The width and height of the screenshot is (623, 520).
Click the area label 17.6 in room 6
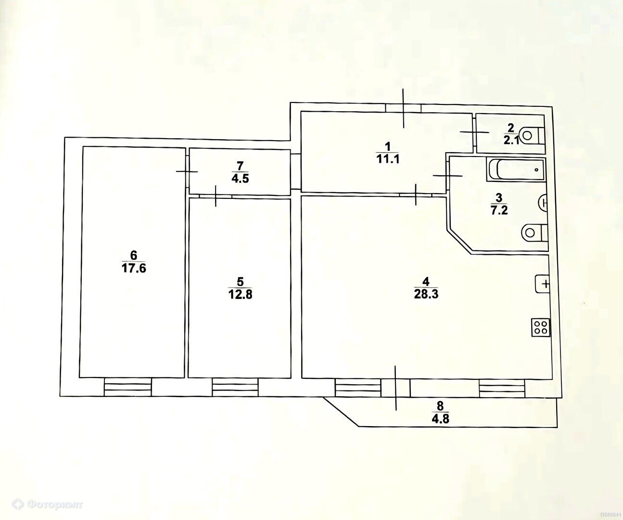pos(134,268)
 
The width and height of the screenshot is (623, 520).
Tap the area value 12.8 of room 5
pos(240,295)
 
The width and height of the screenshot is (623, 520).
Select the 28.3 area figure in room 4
pos(426,294)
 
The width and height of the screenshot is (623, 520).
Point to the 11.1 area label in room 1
pos(388,159)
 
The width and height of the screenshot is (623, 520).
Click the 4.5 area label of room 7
pos(240,179)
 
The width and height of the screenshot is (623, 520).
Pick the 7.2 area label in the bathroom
pos(499,210)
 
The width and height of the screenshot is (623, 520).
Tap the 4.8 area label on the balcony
pos(440,418)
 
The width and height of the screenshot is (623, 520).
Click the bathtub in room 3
pos(516,169)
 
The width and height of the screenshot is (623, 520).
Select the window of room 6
pos(127,387)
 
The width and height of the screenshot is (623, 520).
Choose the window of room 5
pos(235,387)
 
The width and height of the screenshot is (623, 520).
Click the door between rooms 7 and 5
pos(216,196)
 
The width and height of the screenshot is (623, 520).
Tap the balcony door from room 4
pos(395,388)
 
